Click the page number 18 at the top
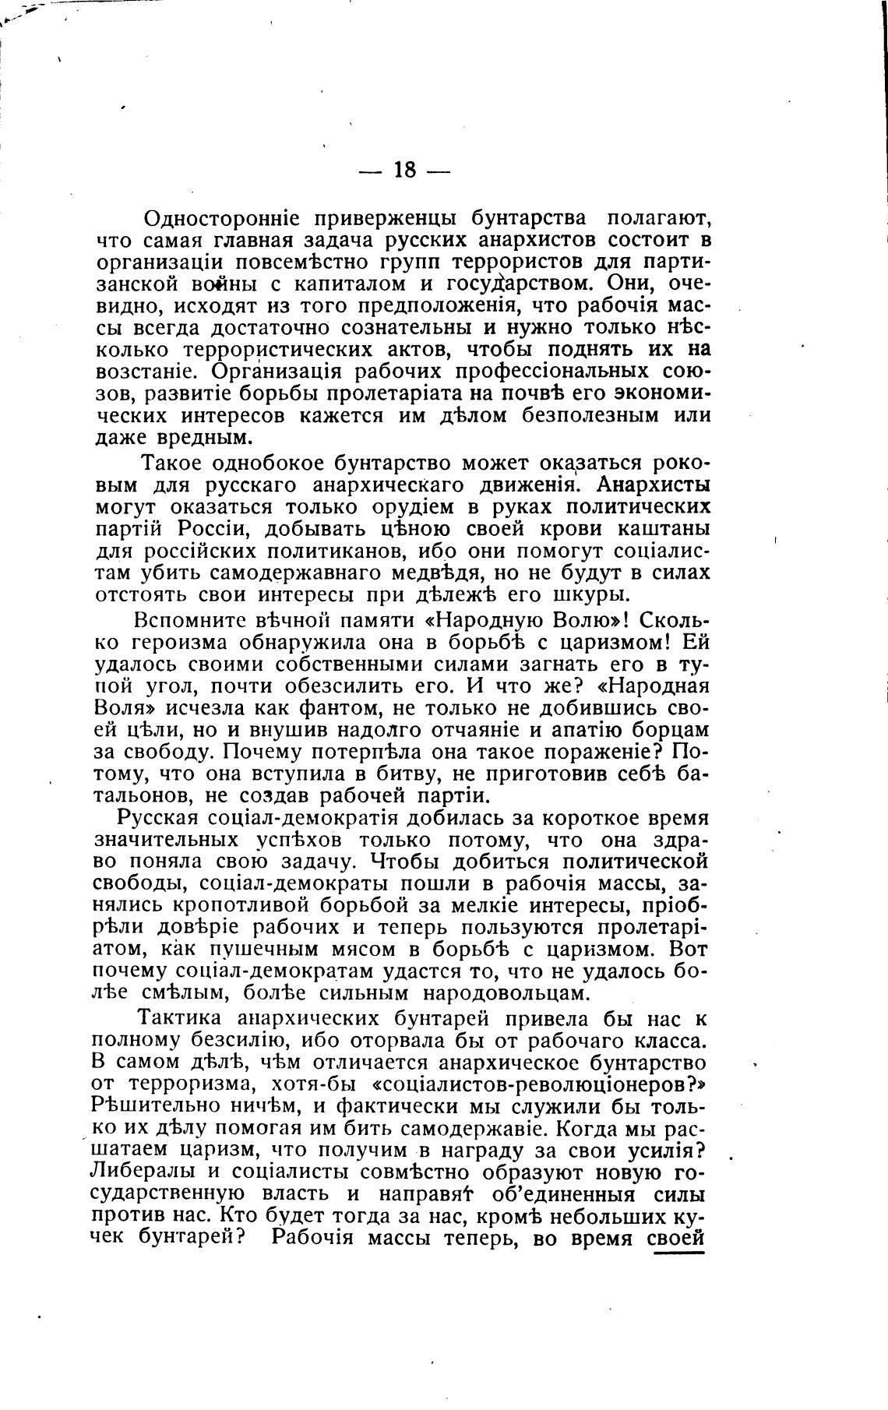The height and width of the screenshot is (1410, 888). [405, 170]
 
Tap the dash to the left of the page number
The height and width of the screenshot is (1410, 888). [370, 171]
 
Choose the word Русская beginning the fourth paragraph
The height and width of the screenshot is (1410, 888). [158, 819]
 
